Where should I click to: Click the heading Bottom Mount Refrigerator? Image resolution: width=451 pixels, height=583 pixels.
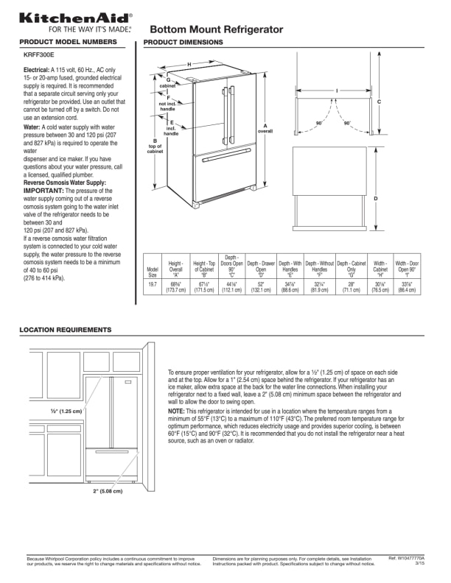(x=216, y=29)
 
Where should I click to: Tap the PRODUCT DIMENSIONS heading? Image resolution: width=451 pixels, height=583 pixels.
(x=183, y=43)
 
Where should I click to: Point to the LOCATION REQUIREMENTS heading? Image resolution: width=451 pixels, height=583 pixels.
(x=66, y=330)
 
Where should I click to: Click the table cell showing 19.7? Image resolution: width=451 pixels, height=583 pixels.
(x=153, y=284)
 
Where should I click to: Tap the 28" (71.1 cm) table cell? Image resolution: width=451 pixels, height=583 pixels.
(x=351, y=287)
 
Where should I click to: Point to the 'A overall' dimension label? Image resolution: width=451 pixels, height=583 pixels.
(x=265, y=128)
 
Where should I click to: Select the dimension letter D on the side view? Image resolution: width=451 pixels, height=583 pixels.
(x=375, y=199)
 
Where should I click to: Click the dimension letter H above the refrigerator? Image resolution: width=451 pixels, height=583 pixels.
(x=189, y=65)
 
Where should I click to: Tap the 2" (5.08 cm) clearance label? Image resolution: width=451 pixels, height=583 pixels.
(x=108, y=490)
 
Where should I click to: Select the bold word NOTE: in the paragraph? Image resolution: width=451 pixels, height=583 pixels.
(x=176, y=411)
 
